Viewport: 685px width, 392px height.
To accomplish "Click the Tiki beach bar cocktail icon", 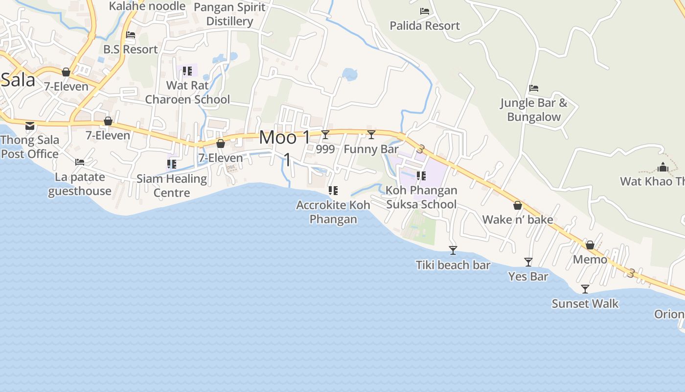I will pyautogui.click(x=453, y=250).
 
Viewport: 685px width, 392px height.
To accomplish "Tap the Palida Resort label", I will pyautogui.click(x=425, y=25).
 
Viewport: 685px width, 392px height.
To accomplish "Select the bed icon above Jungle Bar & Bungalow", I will pyautogui.click(x=534, y=88).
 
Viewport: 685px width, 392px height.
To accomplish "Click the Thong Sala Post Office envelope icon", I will pyautogui.click(x=30, y=126).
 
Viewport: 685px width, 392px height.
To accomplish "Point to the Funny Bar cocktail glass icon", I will pyautogui.click(x=371, y=135).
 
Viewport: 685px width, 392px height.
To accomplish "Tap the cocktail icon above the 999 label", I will pyautogui.click(x=325, y=135).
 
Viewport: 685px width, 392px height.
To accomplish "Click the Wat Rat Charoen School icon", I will pyautogui.click(x=187, y=71).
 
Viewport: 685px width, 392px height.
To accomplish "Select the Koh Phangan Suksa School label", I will pyautogui.click(x=421, y=197).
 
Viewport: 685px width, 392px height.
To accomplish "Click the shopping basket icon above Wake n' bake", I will pyautogui.click(x=518, y=205).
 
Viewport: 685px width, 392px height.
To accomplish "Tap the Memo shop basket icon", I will pyautogui.click(x=590, y=245).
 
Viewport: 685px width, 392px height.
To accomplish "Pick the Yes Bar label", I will pyautogui.click(x=528, y=276).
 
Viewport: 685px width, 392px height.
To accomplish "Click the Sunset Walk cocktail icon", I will pyautogui.click(x=585, y=289).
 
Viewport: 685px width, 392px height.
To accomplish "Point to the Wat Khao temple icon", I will pyautogui.click(x=663, y=168).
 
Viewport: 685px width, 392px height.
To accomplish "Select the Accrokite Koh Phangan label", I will pyautogui.click(x=333, y=212).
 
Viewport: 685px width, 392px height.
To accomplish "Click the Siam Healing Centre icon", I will pyautogui.click(x=172, y=164).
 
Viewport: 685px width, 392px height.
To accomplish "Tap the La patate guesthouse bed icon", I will pyautogui.click(x=80, y=162).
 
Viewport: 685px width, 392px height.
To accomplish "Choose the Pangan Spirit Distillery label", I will pyautogui.click(x=229, y=14).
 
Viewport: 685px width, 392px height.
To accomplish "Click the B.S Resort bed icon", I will pyautogui.click(x=131, y=35).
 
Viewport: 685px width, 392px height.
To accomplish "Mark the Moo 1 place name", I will pyautogui.click(x=284, y=138).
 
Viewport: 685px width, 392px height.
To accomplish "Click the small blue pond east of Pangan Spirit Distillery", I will pyautogui.click(x=349, y=74).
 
